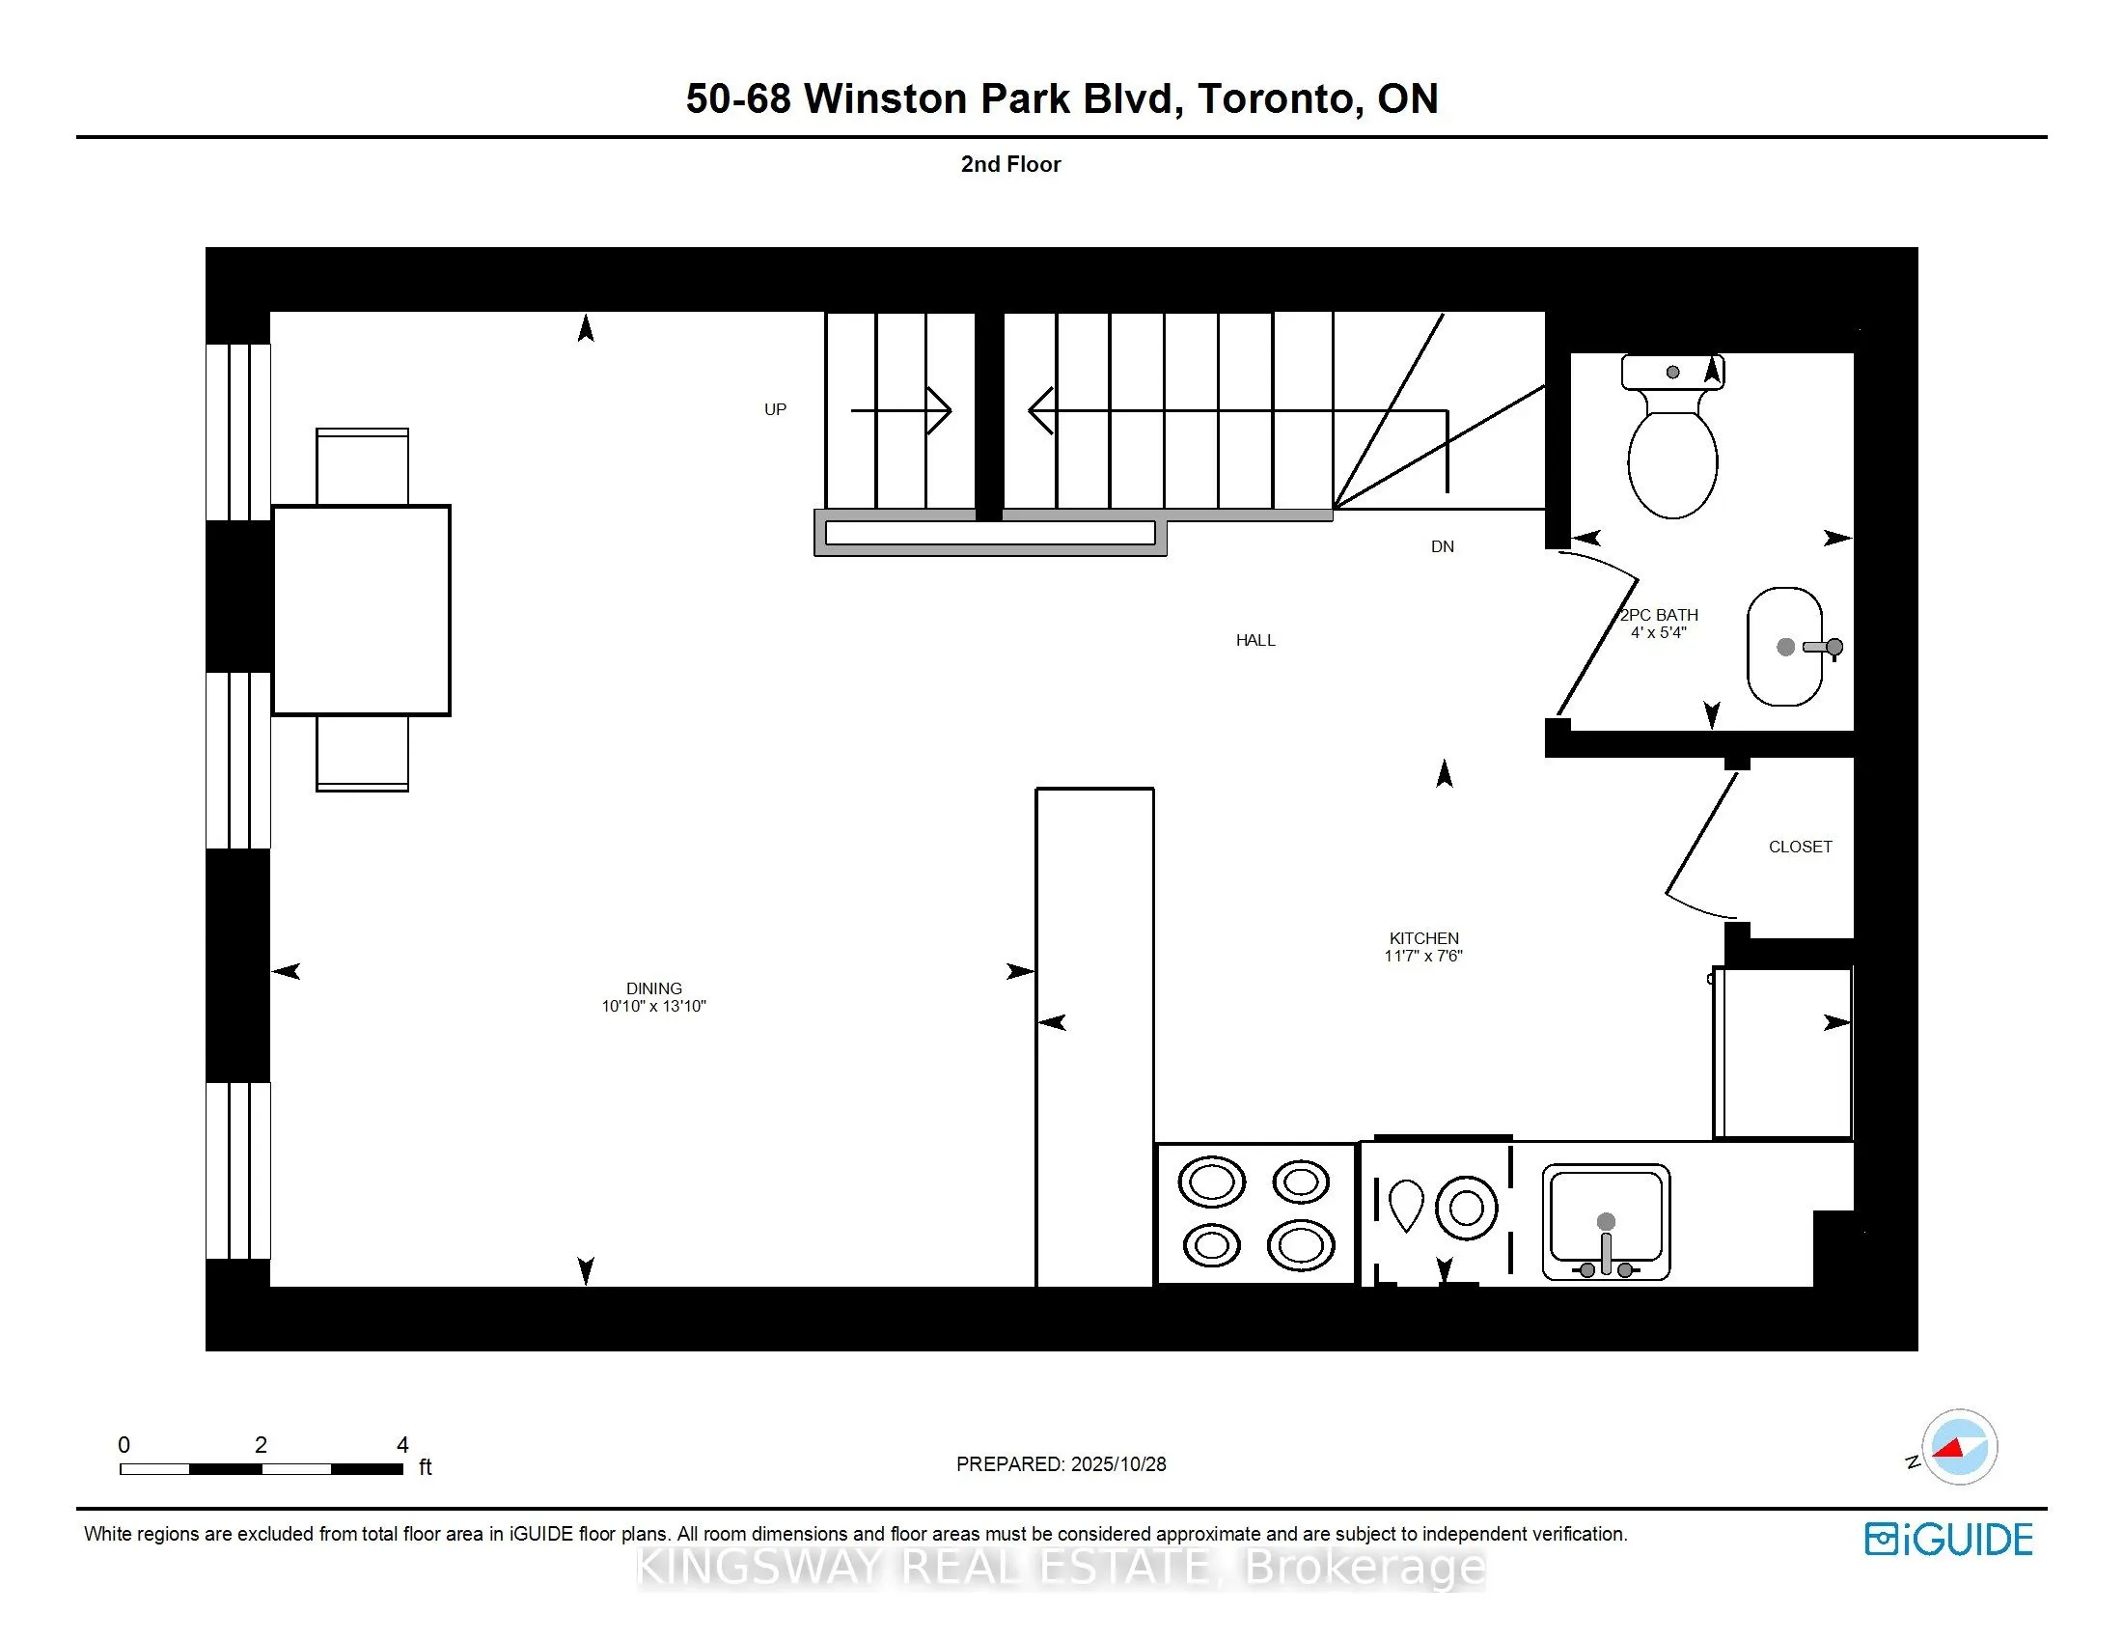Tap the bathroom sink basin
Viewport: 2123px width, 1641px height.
(x=1783, y=647)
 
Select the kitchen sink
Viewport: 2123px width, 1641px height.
(x=1606, y=1222)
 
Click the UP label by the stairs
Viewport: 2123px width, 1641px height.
(x=775, y=409)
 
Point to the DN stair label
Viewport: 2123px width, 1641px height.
(x=1442, y=546)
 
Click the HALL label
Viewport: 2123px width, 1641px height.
(x=1254, y=640)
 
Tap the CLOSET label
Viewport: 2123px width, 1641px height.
(x=1800, y=847)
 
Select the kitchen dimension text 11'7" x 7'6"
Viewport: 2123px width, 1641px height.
(x=1423, y=956)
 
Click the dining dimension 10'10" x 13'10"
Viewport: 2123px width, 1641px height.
(x=653, y=1006)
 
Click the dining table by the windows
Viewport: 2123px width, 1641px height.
(x=361, y=610)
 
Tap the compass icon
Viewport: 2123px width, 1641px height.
(x=1959, y=1447)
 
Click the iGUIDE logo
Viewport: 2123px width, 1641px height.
(x=1948, y=1539)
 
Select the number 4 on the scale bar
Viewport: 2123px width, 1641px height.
(x=402, y=1445)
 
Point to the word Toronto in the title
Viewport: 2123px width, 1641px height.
(x=1274, y=99)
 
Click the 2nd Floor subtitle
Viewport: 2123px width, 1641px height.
(x=1010, y=164)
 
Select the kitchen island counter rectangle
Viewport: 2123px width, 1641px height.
(x=1094, y=1037)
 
